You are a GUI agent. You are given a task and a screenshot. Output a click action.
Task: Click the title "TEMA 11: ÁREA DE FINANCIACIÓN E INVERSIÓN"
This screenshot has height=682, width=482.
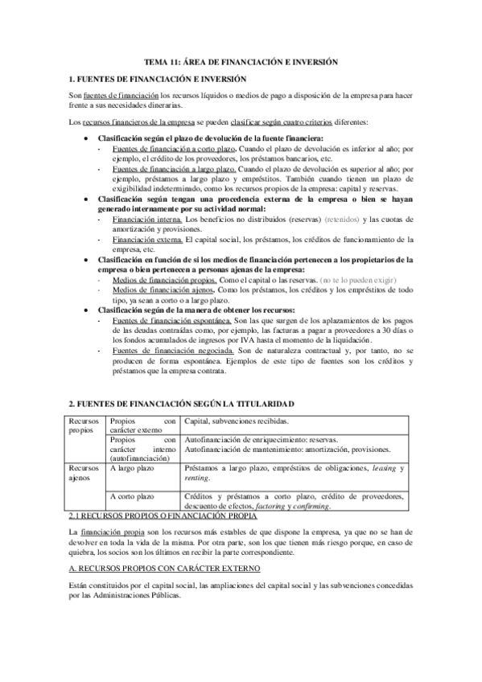pos(241,61)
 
